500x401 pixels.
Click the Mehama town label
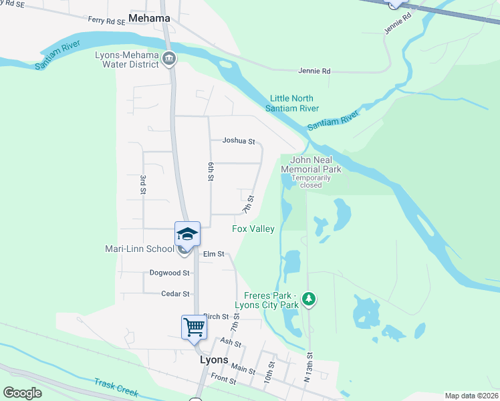149,18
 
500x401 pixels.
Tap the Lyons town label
215,360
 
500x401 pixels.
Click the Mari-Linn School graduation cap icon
187,234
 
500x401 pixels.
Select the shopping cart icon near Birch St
194,327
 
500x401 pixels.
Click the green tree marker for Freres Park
309,298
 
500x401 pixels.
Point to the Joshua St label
239,141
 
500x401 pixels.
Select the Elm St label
213,254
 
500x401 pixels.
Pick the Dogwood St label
170,273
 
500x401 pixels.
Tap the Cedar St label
176,293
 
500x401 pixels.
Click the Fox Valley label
253,229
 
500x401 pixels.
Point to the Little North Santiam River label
292,104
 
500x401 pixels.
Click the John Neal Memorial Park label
311,165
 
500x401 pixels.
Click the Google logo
22,393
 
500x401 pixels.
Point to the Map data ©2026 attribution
471,396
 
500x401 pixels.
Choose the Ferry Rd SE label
107,21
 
